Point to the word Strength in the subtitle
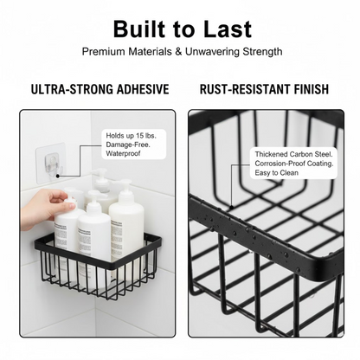259,52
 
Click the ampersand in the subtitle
179,52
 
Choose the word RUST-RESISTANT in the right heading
241,89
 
